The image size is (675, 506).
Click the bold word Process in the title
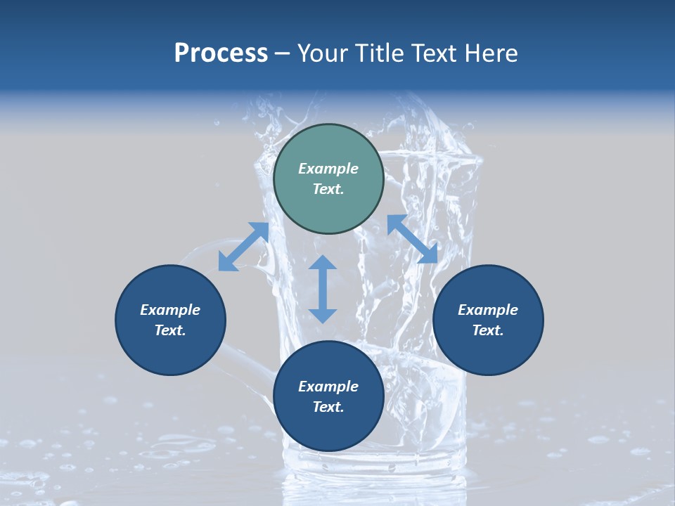click(x=221, y=53)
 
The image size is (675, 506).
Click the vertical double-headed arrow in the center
click(x=323, y=289)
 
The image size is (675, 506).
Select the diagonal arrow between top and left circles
click(x=243, y=246)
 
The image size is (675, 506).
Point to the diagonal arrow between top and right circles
click(x=412, y=239)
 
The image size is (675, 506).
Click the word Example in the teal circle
click(x=328, y=169)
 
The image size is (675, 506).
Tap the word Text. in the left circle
click(x=170, y=330)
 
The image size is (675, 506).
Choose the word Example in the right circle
click(x=488, y=310)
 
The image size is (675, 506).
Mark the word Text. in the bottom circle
click(x=328, y=407)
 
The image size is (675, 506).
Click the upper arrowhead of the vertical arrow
click(x=323, y=264)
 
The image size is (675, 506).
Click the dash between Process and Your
click(x=283, y=53)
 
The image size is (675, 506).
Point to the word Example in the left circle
click(x=170, y=310)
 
